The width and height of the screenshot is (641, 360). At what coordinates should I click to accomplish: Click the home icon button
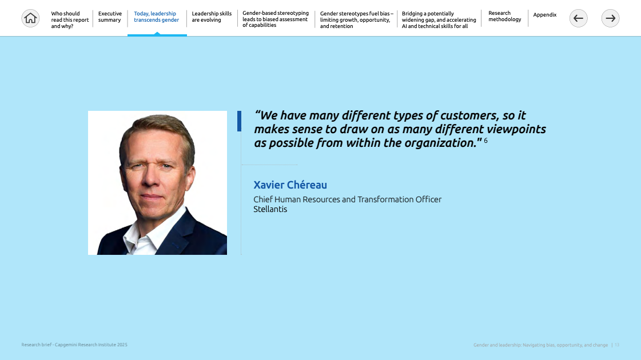point(30,18)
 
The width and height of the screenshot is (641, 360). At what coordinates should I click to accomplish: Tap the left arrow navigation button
point(579,18)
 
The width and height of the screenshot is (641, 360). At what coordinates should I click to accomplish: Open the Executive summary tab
point(110,17)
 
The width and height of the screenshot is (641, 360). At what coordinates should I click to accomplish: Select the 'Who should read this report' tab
point(70,19)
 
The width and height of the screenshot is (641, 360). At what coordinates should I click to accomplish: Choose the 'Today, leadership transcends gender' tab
point(157,17)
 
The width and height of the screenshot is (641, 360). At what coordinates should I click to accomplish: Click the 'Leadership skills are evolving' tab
point(212,17)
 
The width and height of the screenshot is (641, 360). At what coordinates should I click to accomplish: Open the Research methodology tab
point(505,17)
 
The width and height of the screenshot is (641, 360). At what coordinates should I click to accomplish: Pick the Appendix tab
point(545,15)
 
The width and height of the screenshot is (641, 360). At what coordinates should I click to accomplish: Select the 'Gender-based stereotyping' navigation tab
point(276,19)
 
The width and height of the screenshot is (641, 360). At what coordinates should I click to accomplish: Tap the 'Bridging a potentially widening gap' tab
point(439,19)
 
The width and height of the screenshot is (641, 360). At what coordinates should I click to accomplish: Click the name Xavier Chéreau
point(290,185)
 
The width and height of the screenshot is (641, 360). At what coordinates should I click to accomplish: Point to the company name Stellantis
point(270,209)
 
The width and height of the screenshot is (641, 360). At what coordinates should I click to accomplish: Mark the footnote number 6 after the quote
point(485,141)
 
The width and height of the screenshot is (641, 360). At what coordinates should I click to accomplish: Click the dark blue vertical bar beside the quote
point(239,121)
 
